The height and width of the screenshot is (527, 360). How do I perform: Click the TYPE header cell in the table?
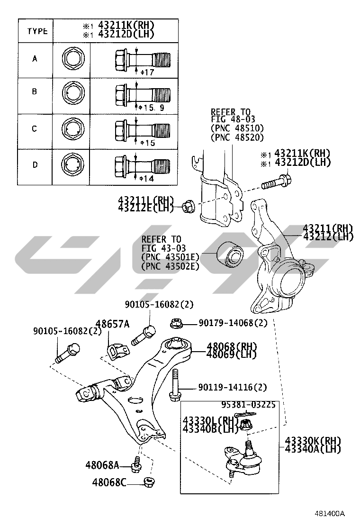coord(37,31)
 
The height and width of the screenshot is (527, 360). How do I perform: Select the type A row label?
coord(35,59)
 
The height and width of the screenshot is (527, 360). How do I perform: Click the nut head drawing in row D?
coord(72,165)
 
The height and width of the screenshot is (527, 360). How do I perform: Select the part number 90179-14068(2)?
coord(233,323)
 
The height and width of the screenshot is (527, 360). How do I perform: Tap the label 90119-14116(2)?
coord(233,388)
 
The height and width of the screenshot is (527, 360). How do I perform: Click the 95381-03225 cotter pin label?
coord(248,405)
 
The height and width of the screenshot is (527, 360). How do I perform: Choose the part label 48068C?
coord(109,482)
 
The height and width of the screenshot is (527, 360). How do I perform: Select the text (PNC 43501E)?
coord(170,257)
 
